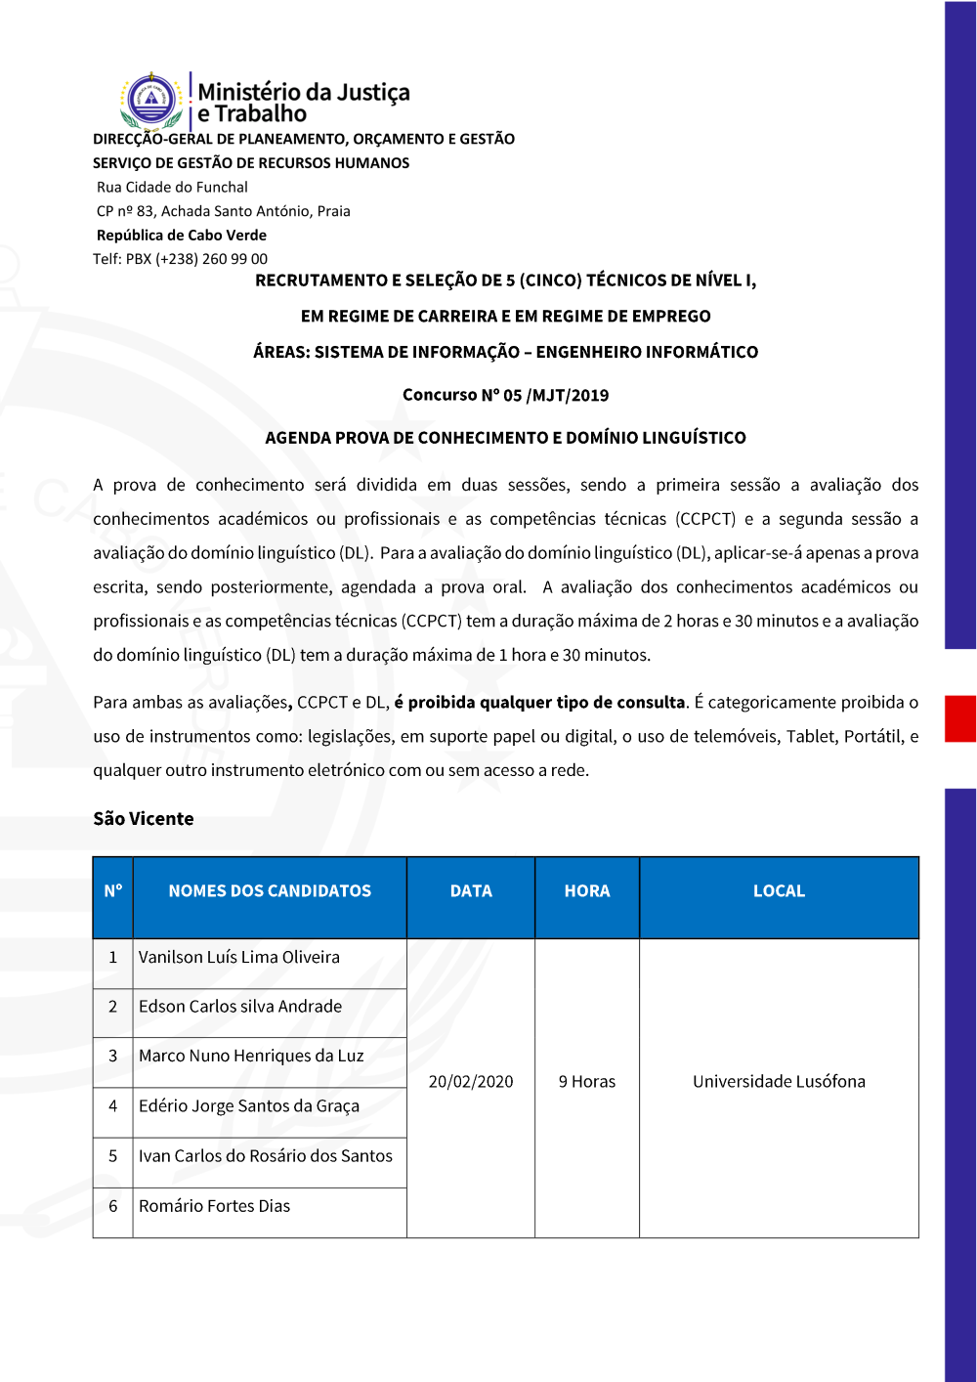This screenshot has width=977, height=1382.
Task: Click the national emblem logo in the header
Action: (x=152, y=100)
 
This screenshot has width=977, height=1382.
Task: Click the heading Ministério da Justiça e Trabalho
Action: (x=303, y=103)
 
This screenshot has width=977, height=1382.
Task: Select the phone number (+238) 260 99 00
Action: (x=211, y=259)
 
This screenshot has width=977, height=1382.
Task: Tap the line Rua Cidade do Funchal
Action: (x=172, y=187)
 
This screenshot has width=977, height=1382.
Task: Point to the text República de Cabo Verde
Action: (x=181, y=235)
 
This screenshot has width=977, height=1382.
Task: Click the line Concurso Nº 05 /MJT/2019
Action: (x=505, y=395)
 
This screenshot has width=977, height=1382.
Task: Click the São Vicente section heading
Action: (x=144, y=819)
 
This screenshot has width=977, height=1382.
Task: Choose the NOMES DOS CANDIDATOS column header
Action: (x=270, y=891)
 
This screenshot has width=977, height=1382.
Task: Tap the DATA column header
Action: (x=471, y=891)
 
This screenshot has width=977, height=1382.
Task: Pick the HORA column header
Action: (x=587, y=891)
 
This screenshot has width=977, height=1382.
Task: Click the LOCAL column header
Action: (x=779, y=891)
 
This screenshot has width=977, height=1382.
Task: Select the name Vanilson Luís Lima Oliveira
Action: (x=239, y=958)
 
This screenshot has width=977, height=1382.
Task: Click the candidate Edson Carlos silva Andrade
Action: (x=240, y=1007)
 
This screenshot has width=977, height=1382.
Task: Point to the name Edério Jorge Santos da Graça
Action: (x=249, y=1106)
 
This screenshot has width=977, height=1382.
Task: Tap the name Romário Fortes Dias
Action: (x=214, y=1206)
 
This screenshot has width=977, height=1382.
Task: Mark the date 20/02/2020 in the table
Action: (x=471, y=1082)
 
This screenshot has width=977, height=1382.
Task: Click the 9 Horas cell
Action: (x=587, y=1082)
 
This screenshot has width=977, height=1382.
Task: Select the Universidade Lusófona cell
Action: (x=779, y=1082)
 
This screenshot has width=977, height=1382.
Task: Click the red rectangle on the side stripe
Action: (x=960, y=718)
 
